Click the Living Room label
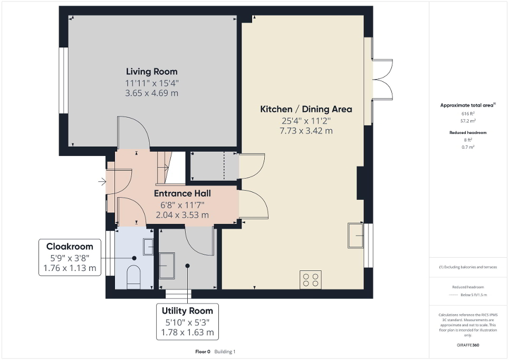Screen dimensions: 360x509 point(151,72)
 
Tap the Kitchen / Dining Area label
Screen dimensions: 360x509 point(306,109)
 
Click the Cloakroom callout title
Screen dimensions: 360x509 point(70,246)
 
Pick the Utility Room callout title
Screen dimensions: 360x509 point(188,310)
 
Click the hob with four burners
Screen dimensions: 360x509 point(311,279)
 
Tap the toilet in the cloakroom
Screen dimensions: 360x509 point(134,277)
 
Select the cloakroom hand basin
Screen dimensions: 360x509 point(148,246)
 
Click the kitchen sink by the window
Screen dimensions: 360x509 point(355,235)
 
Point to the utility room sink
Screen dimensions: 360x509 point(167,266)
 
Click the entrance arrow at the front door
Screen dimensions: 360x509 point(102,182)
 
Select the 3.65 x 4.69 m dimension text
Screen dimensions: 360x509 point(151,93)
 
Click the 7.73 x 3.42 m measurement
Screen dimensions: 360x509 point(306,131)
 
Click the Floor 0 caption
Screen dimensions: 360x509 point(203,351)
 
